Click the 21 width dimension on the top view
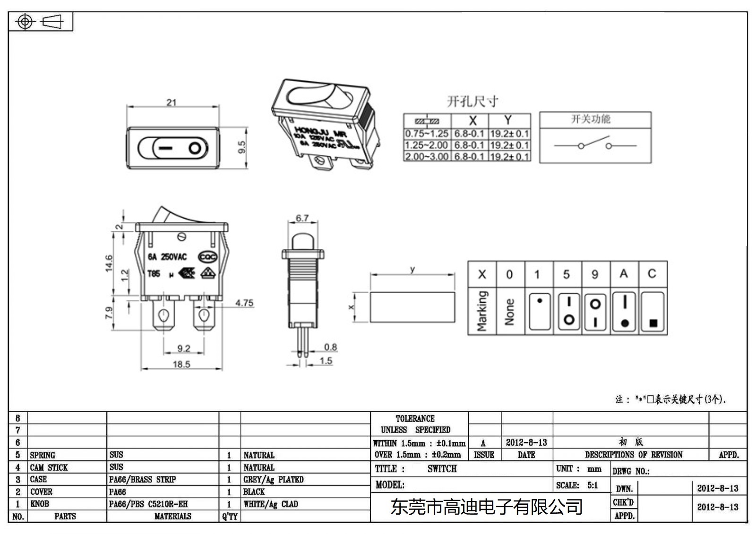pos(171,102)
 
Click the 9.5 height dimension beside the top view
pos(242,147)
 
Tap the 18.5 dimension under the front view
pos(181,364)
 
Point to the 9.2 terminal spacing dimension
pos(184,348)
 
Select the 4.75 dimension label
pos(244,303)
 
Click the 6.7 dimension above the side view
pos(302,218)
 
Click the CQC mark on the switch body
pos(207,257)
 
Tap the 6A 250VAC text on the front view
pos(167,257)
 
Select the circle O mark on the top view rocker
pos(195,149)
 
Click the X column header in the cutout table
pos(472,120)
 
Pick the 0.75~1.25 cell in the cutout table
pos(427,134)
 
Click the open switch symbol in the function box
pos(595,144)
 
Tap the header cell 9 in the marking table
pos(595,274)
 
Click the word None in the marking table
pos(509,312)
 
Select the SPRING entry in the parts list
pos(43,455)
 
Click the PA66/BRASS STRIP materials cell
pos(142,480)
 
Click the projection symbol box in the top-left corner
pos(41,22)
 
